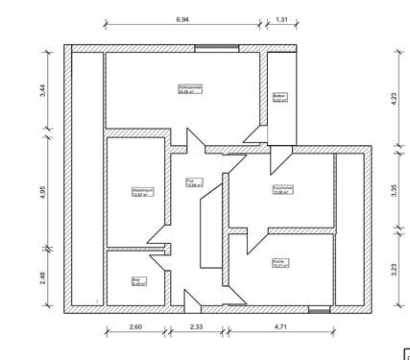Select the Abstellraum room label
(x=143, y=191)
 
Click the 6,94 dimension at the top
(x=181, y=18)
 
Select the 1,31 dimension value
(x=282, y=18)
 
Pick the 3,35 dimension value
(x=394, y=189)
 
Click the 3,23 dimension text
(x=394, y=270)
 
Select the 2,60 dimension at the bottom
(x=135, y=328)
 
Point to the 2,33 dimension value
(x=196, y=328)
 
